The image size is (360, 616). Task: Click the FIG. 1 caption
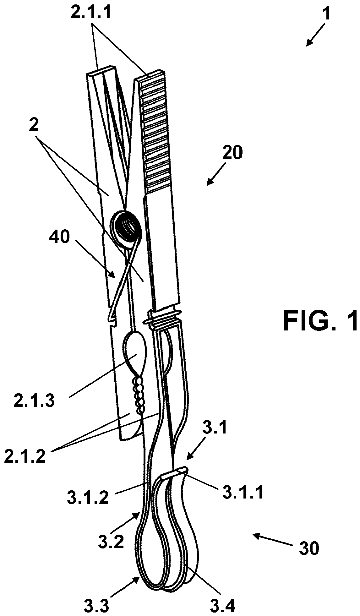click(321, 320)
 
